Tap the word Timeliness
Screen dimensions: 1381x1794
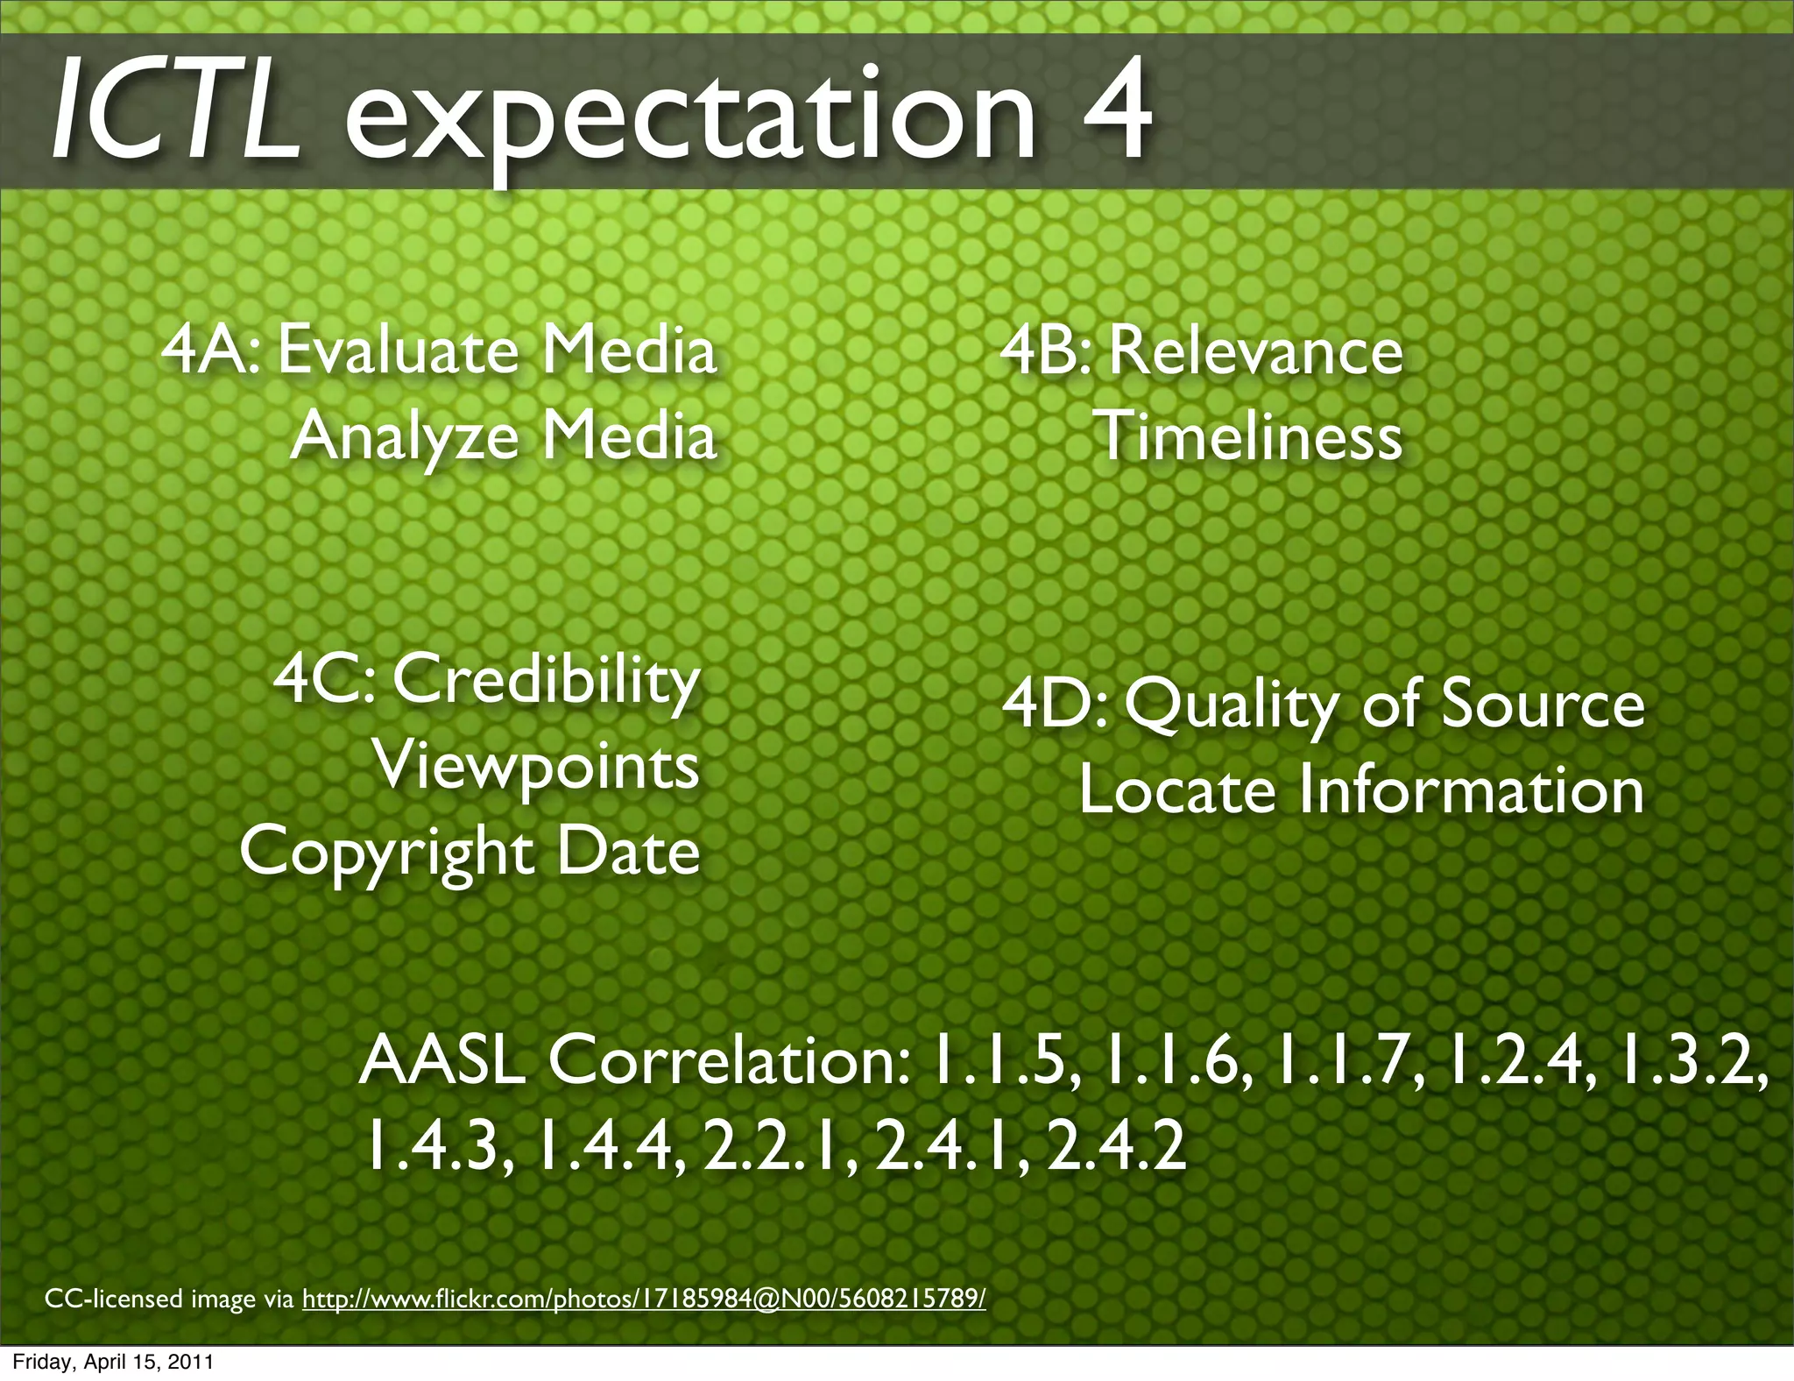point(1247,436)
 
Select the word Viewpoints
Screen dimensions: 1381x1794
point(537,766)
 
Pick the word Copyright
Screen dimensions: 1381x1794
point(386,852)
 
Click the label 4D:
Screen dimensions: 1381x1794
point(1055,704)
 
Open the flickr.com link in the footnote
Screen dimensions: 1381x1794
point(644,1298)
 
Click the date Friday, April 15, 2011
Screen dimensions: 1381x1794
point(113,1363)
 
